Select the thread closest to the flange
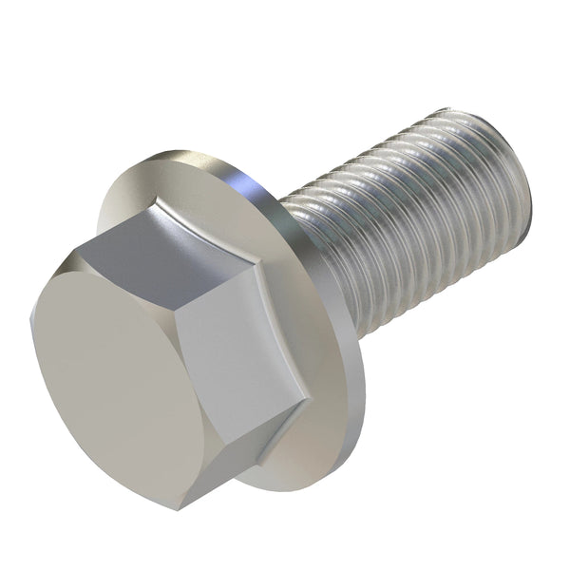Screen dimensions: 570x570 point(304,237)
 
